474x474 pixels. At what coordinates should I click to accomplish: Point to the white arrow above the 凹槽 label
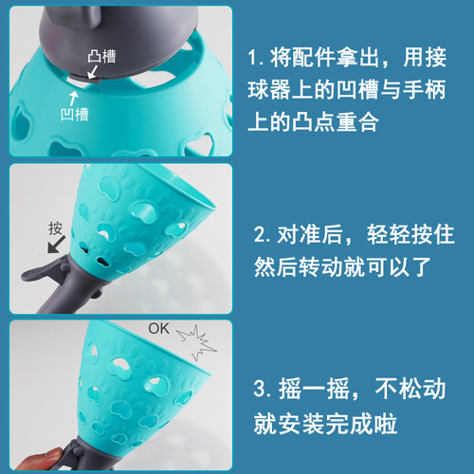(x=73, y=96)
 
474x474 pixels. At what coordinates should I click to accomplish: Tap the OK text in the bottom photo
(x=159, y=331)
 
